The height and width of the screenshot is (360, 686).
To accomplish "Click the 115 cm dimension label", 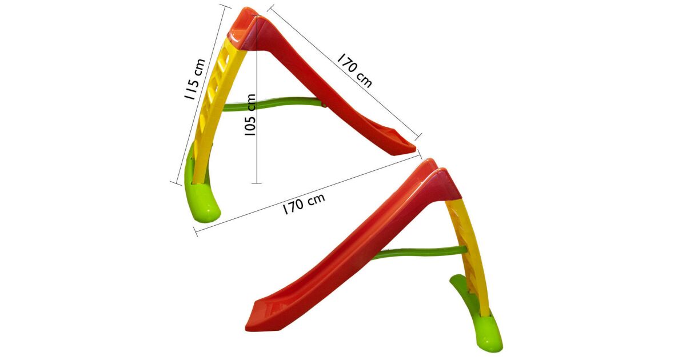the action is pyautogui.click(x=195, y=79).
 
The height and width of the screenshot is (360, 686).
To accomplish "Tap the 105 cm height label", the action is pyautogui.click(x=250, y=115).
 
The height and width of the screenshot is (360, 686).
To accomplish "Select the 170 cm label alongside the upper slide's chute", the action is pyautogui.click(x=354, y=71).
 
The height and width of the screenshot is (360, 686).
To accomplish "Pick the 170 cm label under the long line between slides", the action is pyautogui.click(x=304, y=203).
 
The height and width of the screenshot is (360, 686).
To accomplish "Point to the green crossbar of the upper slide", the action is pyautogui.click(x=272, y=104).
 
